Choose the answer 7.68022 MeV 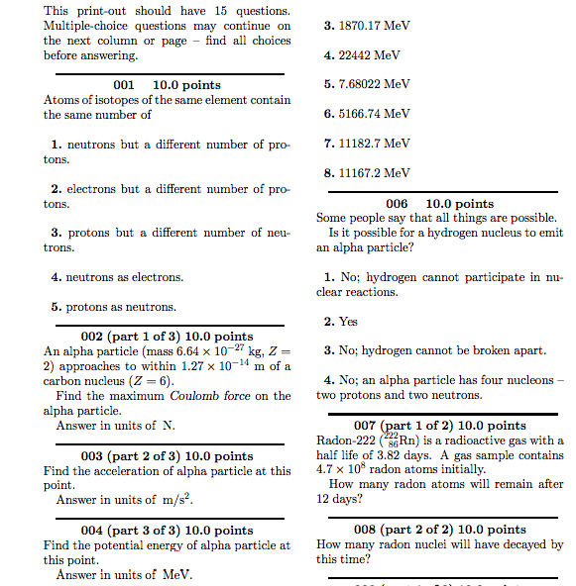click(x=367, y=85)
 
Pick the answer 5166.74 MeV click(x=367, y=115)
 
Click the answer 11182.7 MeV click(x=367, y=144)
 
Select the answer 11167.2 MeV click(x=367, y=173)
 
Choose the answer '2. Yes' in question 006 click(x=341, y=322)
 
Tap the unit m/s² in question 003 click(x=173, y=501)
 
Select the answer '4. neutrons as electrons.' click(x=116, y=277)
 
